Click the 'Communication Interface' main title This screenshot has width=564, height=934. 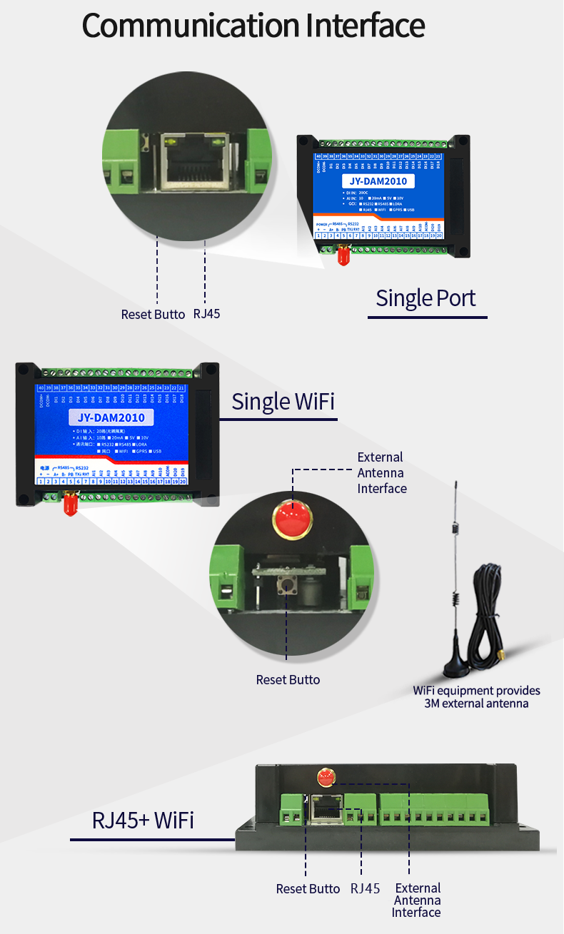click(253, 26)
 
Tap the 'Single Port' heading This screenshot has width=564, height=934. click(425, 298)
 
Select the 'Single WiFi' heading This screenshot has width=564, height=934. click(283, 402)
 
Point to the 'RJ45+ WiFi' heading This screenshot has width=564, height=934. click(143, 820)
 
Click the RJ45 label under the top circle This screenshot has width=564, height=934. click(208, 314)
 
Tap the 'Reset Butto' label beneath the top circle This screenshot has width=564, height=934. click(153, 314)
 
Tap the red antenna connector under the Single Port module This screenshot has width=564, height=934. click(343, 256)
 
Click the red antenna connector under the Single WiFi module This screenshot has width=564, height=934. click(70, 504)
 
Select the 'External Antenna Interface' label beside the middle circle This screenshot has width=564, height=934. click(382, 472)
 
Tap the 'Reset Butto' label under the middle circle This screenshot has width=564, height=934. click(288, 679)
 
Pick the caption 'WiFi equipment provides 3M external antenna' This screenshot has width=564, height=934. click(476, 696)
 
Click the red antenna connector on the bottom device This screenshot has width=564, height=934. click(327, 778)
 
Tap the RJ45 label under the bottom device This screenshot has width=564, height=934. click(365, 888)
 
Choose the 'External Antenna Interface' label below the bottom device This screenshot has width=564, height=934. click(417, 900)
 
